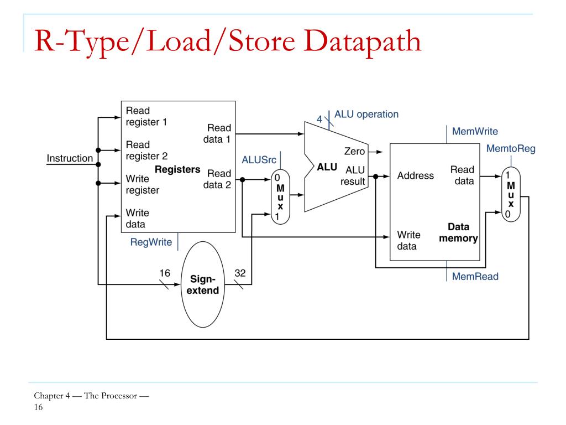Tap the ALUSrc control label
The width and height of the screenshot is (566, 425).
[x=259, y=160]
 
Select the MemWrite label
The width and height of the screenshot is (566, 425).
[x=475, y=131]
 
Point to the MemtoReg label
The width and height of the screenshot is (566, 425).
[x=511, y=148]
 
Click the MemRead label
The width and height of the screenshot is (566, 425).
[x=475, y=277]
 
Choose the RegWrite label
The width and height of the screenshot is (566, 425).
[x=151, y=242]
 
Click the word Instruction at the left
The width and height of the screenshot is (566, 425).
[x=70, y=158]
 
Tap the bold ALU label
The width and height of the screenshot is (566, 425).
[x=327, y=167]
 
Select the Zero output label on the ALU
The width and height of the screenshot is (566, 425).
[x=354, y=151]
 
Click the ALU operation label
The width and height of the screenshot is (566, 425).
[x=366, y=114]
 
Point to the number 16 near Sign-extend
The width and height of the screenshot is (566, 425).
[x=165, y=273]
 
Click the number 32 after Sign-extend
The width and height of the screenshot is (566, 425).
[x=240, y=273]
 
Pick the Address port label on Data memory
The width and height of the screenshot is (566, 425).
[x=416, y=175]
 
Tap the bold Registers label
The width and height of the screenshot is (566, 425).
[x=177, y=169]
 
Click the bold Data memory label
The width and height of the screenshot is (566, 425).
[x=458, y=232]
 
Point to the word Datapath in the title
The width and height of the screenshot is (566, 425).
[x=363, y=42]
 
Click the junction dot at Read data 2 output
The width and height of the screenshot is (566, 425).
[x=242, y=180]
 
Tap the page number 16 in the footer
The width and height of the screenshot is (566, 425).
[x=38, y=407]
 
